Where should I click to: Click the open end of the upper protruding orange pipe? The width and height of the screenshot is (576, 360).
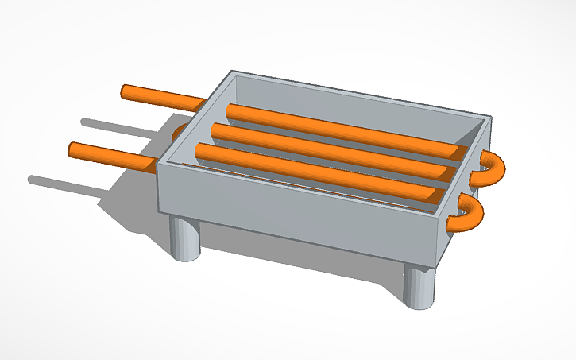click(x=126, y=92)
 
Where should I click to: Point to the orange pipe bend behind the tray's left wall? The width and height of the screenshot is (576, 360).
click(x=180, y=130)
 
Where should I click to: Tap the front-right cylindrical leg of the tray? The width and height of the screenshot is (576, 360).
click(x=419, y=287)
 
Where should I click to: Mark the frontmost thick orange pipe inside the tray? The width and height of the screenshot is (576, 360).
click(x=318, y=169)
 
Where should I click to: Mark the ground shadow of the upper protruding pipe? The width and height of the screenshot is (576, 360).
click(x=119, y=125)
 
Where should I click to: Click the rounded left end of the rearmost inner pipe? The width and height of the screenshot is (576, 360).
click(x=231, y=110)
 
